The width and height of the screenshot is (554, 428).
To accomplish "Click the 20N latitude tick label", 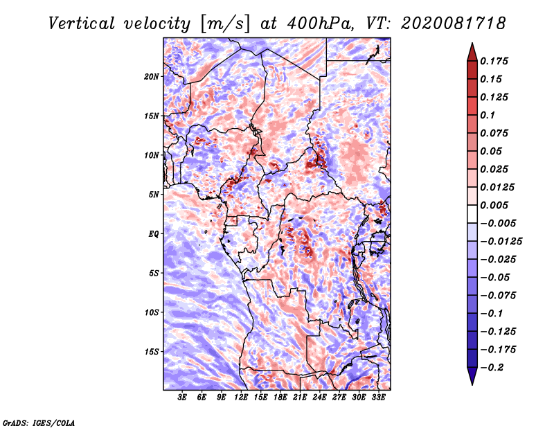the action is click(x=151, y=76).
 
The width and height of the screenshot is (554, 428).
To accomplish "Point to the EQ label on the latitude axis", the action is click(x=153, y=233).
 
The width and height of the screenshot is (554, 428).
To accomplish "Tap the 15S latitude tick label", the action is click(x=152, y=352).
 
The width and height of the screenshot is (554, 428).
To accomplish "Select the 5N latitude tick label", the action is click(x=154, y=195).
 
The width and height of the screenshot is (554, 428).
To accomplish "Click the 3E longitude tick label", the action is click(x=182, y=398).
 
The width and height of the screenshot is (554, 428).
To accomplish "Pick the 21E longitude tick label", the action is click(x=300, y=398).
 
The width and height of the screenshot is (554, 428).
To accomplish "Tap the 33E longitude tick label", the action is click(x=378, y=398).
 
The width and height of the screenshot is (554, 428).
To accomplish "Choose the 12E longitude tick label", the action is click(x=240, y=398).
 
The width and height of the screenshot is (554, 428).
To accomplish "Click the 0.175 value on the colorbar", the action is click(x=494, y=61).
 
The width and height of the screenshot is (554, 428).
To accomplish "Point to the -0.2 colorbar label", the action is click(x=492, y=368).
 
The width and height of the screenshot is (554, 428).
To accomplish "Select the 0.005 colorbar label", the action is click(x=494, y=205).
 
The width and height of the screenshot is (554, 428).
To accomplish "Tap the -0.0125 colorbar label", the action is click(x=501, y=242).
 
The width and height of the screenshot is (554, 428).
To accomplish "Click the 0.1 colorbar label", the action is click(x=488, y=115).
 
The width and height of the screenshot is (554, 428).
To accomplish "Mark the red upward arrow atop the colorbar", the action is click(x=472, y=52).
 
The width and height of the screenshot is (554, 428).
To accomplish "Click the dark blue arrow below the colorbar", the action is click(x=472, y=376).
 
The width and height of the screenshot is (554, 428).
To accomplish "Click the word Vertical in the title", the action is click(x=82, y=24).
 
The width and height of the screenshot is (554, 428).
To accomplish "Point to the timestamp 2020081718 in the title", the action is click(x=454, y=24).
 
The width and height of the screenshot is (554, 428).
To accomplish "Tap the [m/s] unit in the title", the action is click(x=225, y=24).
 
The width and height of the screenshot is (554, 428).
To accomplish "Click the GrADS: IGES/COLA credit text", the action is click(x=39, y=422).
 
